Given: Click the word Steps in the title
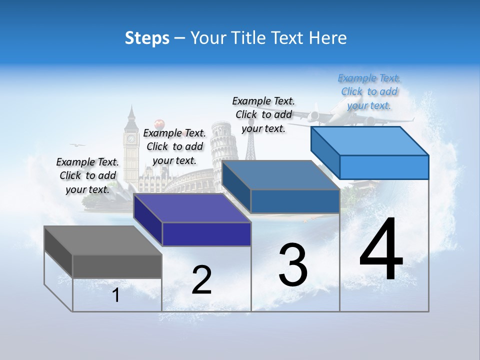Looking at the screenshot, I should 147,38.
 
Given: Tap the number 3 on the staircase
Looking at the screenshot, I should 293,265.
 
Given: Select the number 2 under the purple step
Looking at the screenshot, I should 201,280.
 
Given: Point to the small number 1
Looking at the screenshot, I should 116,295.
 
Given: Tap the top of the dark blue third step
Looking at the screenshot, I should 280,175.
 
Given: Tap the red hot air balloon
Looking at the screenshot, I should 159,123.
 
